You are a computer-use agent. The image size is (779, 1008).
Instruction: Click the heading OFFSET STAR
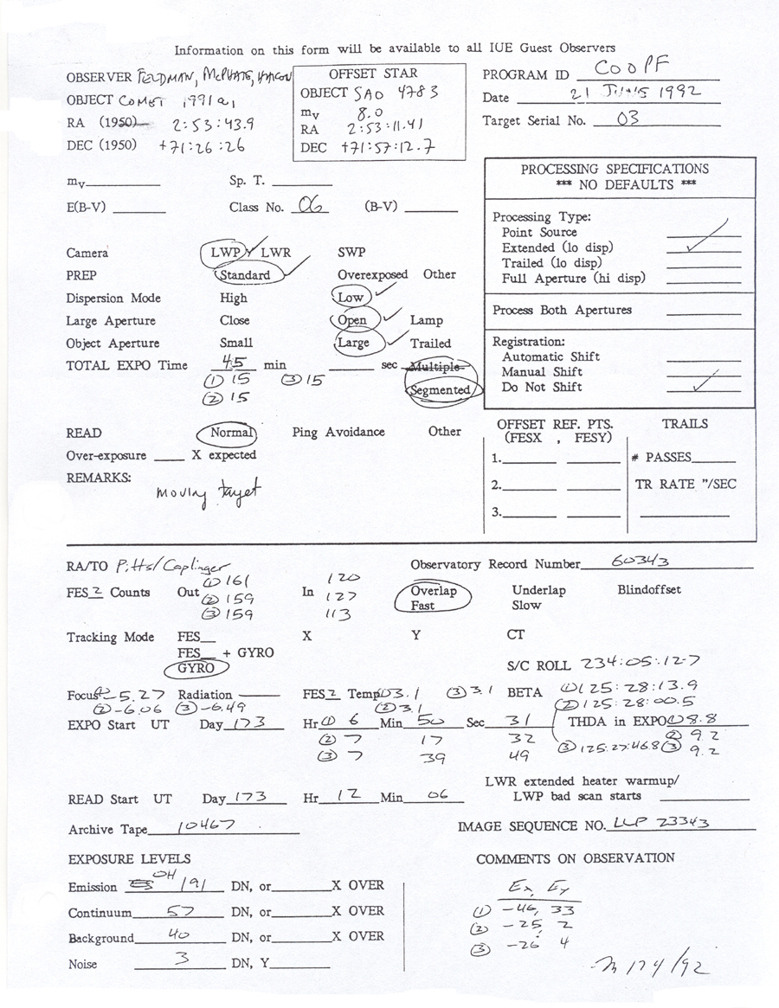pos(372,74)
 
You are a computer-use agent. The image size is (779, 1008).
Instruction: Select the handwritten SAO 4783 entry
pos(387,93)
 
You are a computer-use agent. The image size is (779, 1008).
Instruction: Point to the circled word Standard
pos(246,275)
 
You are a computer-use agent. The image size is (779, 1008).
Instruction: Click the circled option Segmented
pos(441,390)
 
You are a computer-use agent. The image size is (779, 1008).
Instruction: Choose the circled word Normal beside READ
pos(231,432)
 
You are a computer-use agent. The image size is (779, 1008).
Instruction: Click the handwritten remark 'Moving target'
pos(208,492)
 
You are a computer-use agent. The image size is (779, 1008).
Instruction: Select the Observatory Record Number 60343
pos(640,562)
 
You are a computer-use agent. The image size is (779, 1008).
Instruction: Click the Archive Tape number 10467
pos(206,827)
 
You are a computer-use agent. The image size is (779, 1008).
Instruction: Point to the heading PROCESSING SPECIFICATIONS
pos(615,170)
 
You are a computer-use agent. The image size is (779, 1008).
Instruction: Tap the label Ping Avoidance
pos(338,432)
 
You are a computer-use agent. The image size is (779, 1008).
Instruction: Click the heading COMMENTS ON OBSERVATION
pos(575,857)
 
